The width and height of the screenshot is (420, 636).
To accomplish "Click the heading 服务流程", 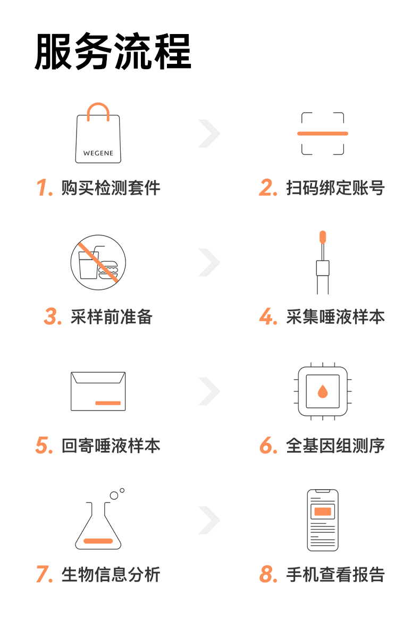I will [113, 52].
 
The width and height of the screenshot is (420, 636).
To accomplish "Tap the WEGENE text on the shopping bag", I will [98, 153].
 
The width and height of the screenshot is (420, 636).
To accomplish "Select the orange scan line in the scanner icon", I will [323, 133].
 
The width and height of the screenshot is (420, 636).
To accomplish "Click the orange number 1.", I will [44, 188].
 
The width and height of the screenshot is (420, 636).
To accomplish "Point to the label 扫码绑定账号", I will [335, 188].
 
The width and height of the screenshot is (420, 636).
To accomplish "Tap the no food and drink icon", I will [98, 263].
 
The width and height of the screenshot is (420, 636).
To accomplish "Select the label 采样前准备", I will [112, 316].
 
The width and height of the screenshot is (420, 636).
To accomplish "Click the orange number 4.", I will [268, 317].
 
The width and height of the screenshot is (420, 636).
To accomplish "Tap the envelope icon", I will [98, 391].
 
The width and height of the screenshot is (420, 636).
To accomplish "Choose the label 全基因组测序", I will [335, 446].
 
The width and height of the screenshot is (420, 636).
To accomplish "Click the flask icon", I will [98, 524].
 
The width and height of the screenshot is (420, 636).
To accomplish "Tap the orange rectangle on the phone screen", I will [323, 512].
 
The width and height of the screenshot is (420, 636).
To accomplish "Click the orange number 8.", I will [268, 575].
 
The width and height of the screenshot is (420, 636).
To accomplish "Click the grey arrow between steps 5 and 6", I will [209, 391].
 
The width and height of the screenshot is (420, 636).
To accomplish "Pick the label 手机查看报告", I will [335, 575].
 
